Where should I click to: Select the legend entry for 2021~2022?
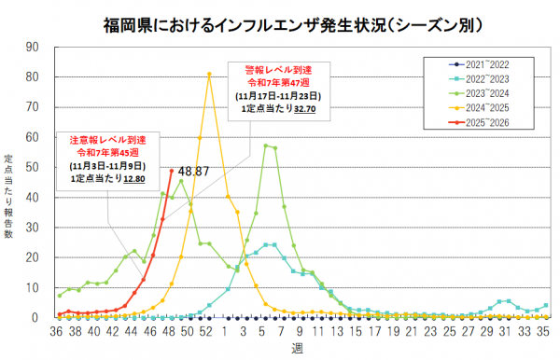[485, 64]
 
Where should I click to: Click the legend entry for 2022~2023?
[485, 79]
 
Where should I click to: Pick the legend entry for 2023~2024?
[485, 93]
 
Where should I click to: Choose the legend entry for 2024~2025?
[485, 108]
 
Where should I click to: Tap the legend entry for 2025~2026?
[485, 123]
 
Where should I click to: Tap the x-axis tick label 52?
[209, 331]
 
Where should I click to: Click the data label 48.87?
[193, 172]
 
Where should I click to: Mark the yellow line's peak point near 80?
[209, 75]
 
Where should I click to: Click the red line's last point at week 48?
[172, 171]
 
